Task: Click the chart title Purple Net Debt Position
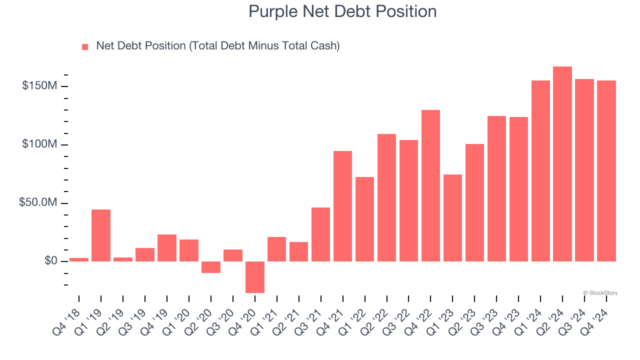[342, 11]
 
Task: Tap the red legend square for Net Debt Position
[85, 46]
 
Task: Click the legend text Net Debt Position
[217, 46]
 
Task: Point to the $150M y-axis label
[39, 86]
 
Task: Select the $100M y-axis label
[39, 144]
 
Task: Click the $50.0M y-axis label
[38, 203]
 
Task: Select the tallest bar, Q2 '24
[562, 164]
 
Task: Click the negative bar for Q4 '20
[255, 277]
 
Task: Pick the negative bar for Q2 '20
[211, 267]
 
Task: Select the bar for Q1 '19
[101, 235]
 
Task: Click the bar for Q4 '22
[430, 185]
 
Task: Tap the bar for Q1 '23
[452, 218]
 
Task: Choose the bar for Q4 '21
[342, 206]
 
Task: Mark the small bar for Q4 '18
[79, 259]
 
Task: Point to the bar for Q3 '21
[320, 234]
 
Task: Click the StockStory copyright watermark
[600, 293]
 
